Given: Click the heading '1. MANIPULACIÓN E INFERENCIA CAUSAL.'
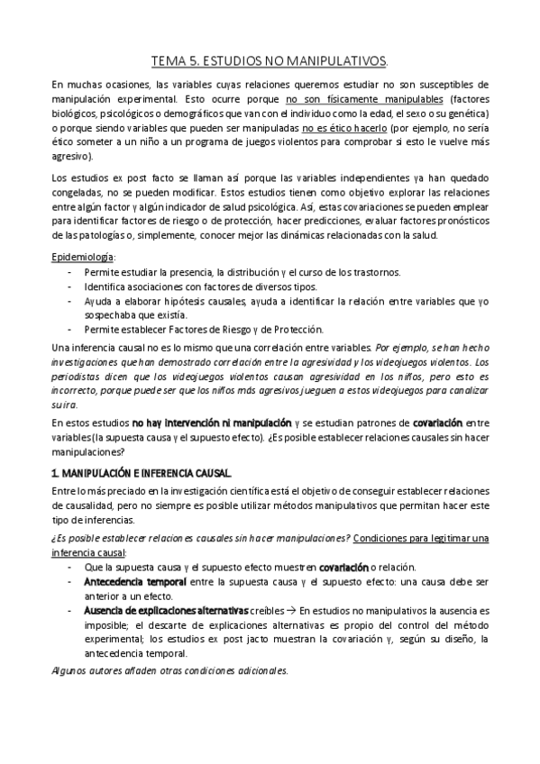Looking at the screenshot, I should coord(142,472).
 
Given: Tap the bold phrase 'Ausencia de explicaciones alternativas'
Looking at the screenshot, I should coord(166,610).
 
